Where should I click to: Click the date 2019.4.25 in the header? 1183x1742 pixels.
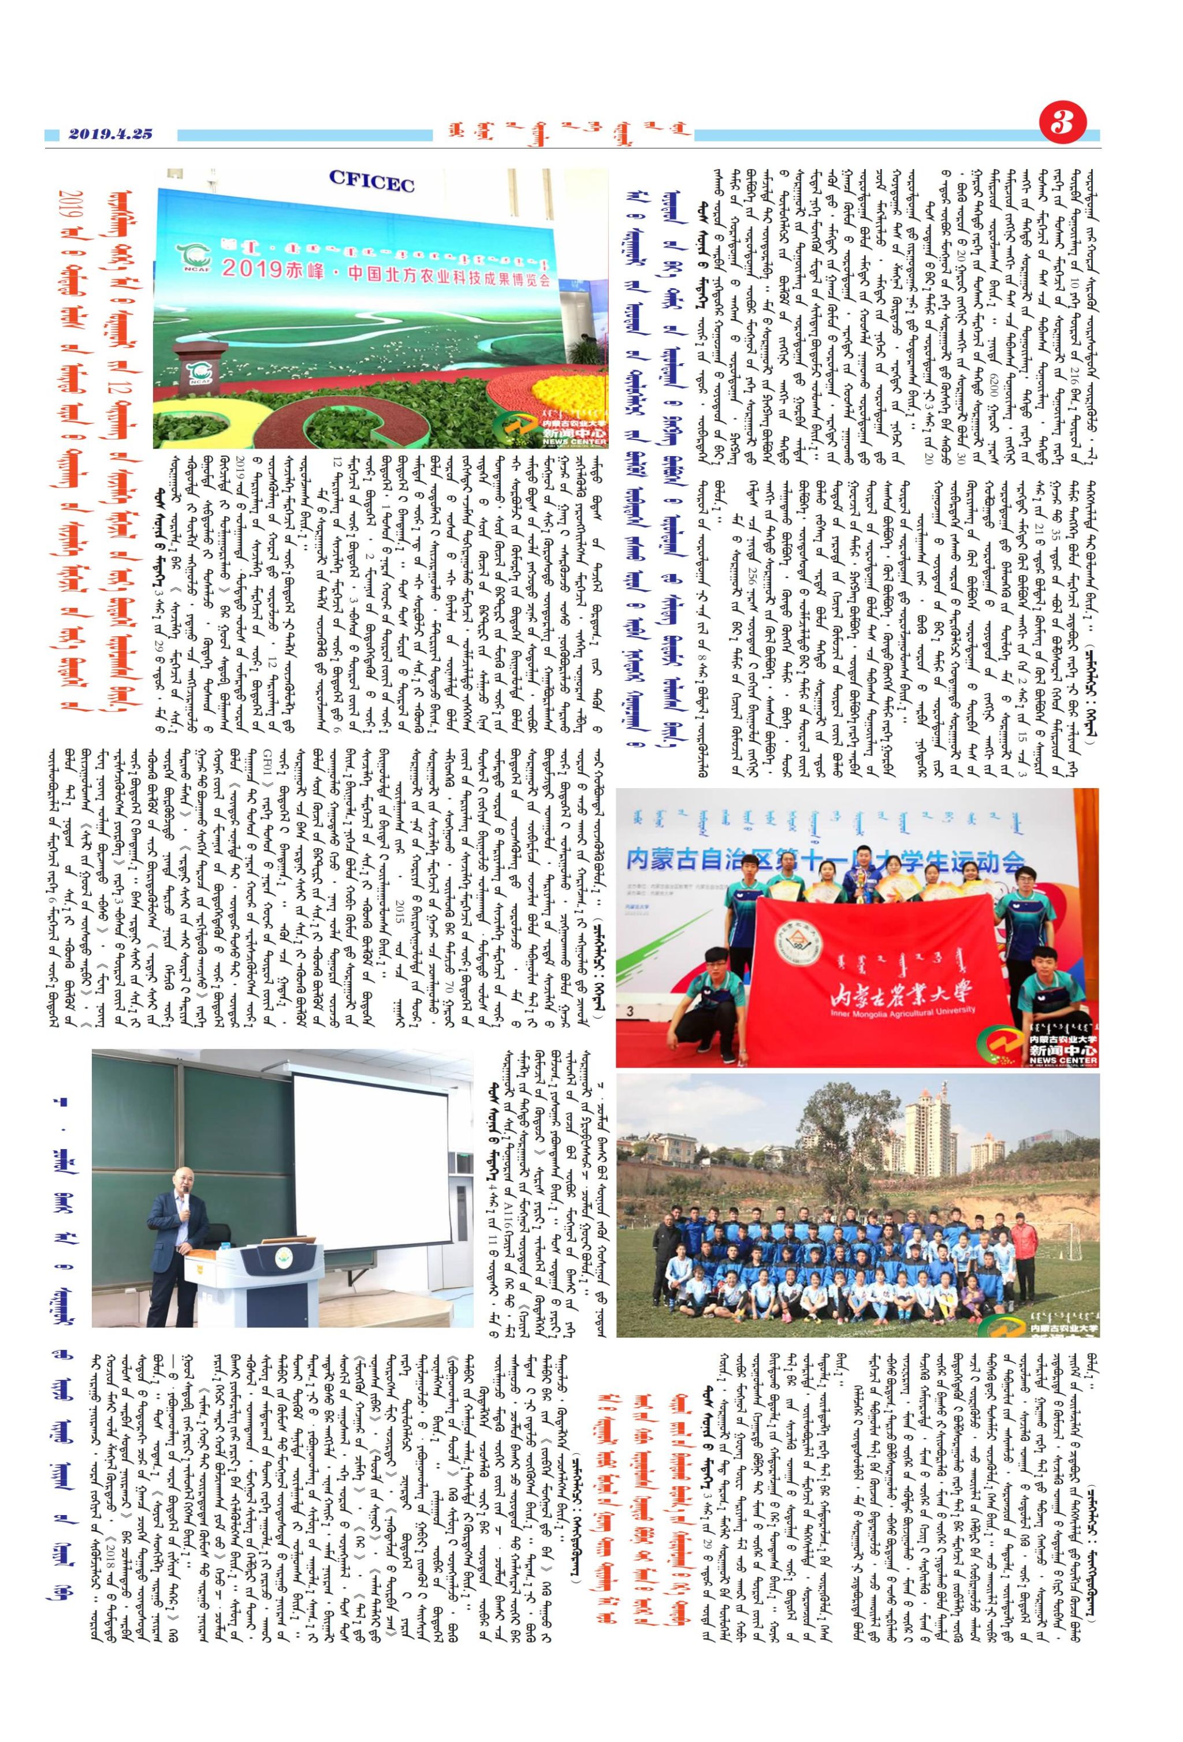pyautogui.click(x=111, y=134)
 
